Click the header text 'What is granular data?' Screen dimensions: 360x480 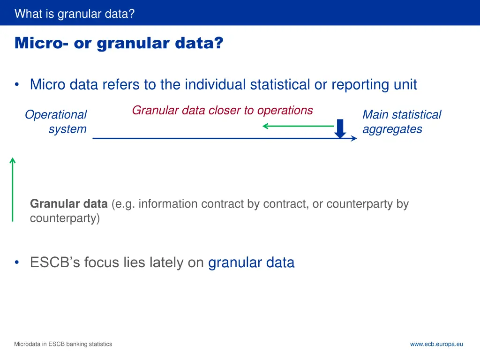click(x=75, y=14)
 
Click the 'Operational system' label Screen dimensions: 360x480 click(x=56, y=122)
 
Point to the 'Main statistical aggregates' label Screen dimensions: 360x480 click(x=401, y=122)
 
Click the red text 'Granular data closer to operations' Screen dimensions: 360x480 click(x=222, y=111)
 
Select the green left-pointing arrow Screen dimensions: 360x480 click(x=297, y=126)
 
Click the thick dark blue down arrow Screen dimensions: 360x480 click(x=341, y=129)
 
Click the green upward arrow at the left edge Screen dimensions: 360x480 click(x=13, y=189)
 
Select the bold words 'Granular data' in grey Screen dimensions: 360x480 click(x=68, y=204)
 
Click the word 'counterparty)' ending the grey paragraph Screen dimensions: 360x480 click(x=65, y=219)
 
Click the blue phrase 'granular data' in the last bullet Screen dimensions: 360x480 click(x=251, y=262)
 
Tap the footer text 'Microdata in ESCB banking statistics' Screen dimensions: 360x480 click(x=63, y=344)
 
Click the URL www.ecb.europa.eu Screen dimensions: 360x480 click(x=436, y=344)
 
